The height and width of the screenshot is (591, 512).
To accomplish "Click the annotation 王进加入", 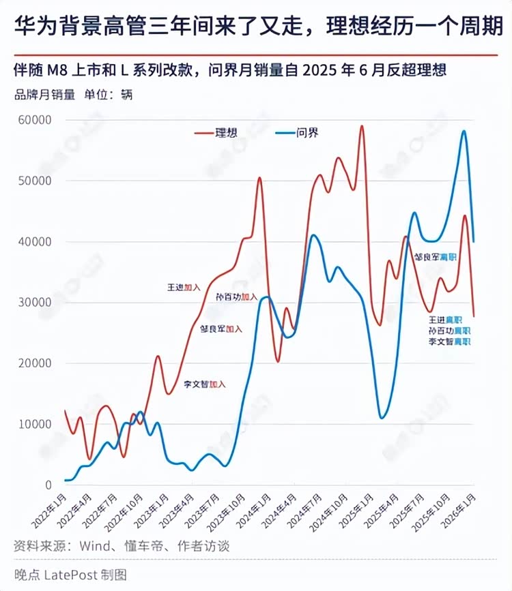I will tap(184, 287).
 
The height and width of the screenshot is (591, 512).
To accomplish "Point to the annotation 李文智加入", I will tap(204, 384).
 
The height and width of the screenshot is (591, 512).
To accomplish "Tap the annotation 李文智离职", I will tap(449, 341).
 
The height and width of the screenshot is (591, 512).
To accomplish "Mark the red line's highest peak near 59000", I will tap(362, 126).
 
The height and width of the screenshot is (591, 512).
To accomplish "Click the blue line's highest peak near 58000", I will tap(464, 132).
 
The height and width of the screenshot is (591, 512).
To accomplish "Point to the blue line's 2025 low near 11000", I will tap(382, 417).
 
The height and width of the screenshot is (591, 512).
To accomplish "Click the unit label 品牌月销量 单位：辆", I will tap(74, 94).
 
